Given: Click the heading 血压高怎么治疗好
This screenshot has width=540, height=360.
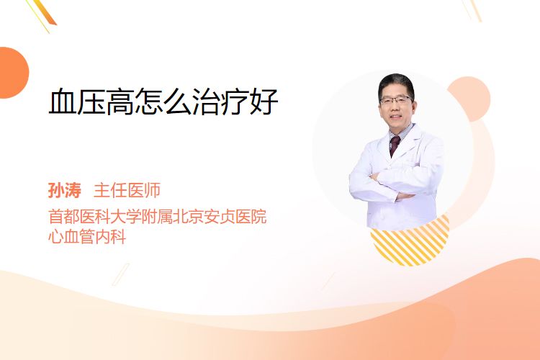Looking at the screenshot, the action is pyautogui.click(x=163, y=102).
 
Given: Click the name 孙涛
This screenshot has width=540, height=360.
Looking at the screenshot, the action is pyautogui.click(x=65, y=191).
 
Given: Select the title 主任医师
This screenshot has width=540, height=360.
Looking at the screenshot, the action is pyautogui.click(x=127, y=191).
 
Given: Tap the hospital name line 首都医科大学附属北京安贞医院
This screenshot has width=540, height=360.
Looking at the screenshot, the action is pyautogui.click(x=158, y=217).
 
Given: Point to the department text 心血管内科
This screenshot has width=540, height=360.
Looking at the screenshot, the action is pyautogui.click(x=87, y=237).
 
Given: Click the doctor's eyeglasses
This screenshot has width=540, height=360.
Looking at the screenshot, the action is pyautogui.click(x=396, y=100).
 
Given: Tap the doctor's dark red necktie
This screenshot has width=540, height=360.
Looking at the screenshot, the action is pyautogui.click(x=395, y=145).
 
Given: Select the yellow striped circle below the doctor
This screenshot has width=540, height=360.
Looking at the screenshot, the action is pyautogui.click(x=410, y=241).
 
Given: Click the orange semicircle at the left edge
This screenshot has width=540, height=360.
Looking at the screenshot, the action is pyautogui.click(x=13, y=73).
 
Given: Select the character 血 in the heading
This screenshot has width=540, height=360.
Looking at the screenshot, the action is pyautogui.click(x=63, y=102).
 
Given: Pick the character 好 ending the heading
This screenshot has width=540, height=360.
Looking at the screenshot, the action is pyautogui.click(x=264, y=102).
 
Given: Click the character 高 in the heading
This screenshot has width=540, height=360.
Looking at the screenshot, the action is pyautogui.click(x=120, y=102).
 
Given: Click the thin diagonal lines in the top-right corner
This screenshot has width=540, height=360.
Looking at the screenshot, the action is pyautogui.click(x=472, y=10).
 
